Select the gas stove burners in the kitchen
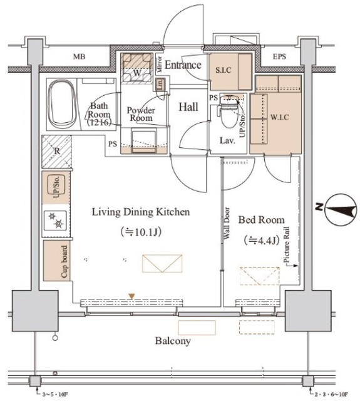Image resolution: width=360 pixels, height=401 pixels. pyautogui.click(x=56, y=220)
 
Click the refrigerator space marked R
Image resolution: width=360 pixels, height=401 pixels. pyautogui.click(x=57, y=151)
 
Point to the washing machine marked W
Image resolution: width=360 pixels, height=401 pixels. pyautogui.click(x=137, y=68)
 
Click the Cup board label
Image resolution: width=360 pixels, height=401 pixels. pyautogui.click(x=64, y=262)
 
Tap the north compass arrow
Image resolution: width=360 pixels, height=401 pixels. pyautogui.click(x=341, y=209)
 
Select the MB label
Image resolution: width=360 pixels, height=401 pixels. pyautogui.click(x=80, y=56)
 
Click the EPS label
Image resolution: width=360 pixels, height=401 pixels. pyautogui.click(x=279, y=56)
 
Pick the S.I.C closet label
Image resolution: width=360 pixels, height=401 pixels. pyautogui.click(x=224, y=70)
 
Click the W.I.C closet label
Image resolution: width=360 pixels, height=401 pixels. pyautogui.click(x=280, y=117)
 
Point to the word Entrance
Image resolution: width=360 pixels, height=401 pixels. pyautogui.click(x=183, y=65)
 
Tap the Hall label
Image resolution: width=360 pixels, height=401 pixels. pyautogui.click(x=188, y=107)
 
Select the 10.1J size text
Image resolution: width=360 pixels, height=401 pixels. pyautogui.click(x=141, y=232)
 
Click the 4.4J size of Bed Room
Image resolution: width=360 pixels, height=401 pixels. pyautogui.click(x=261, y=241)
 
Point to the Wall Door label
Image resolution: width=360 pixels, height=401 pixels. pyautogui.click(x=227, y=223)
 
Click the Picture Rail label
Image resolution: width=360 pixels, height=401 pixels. pyautogui.click(x=287, y=245)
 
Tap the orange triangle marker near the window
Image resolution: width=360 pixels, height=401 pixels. pyautogui.click(x=131, y=296)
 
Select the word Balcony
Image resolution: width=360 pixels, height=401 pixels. pyautogui.click(x=173, y=341)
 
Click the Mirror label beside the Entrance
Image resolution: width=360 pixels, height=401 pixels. pyautogui.click(x=160, y=64)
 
